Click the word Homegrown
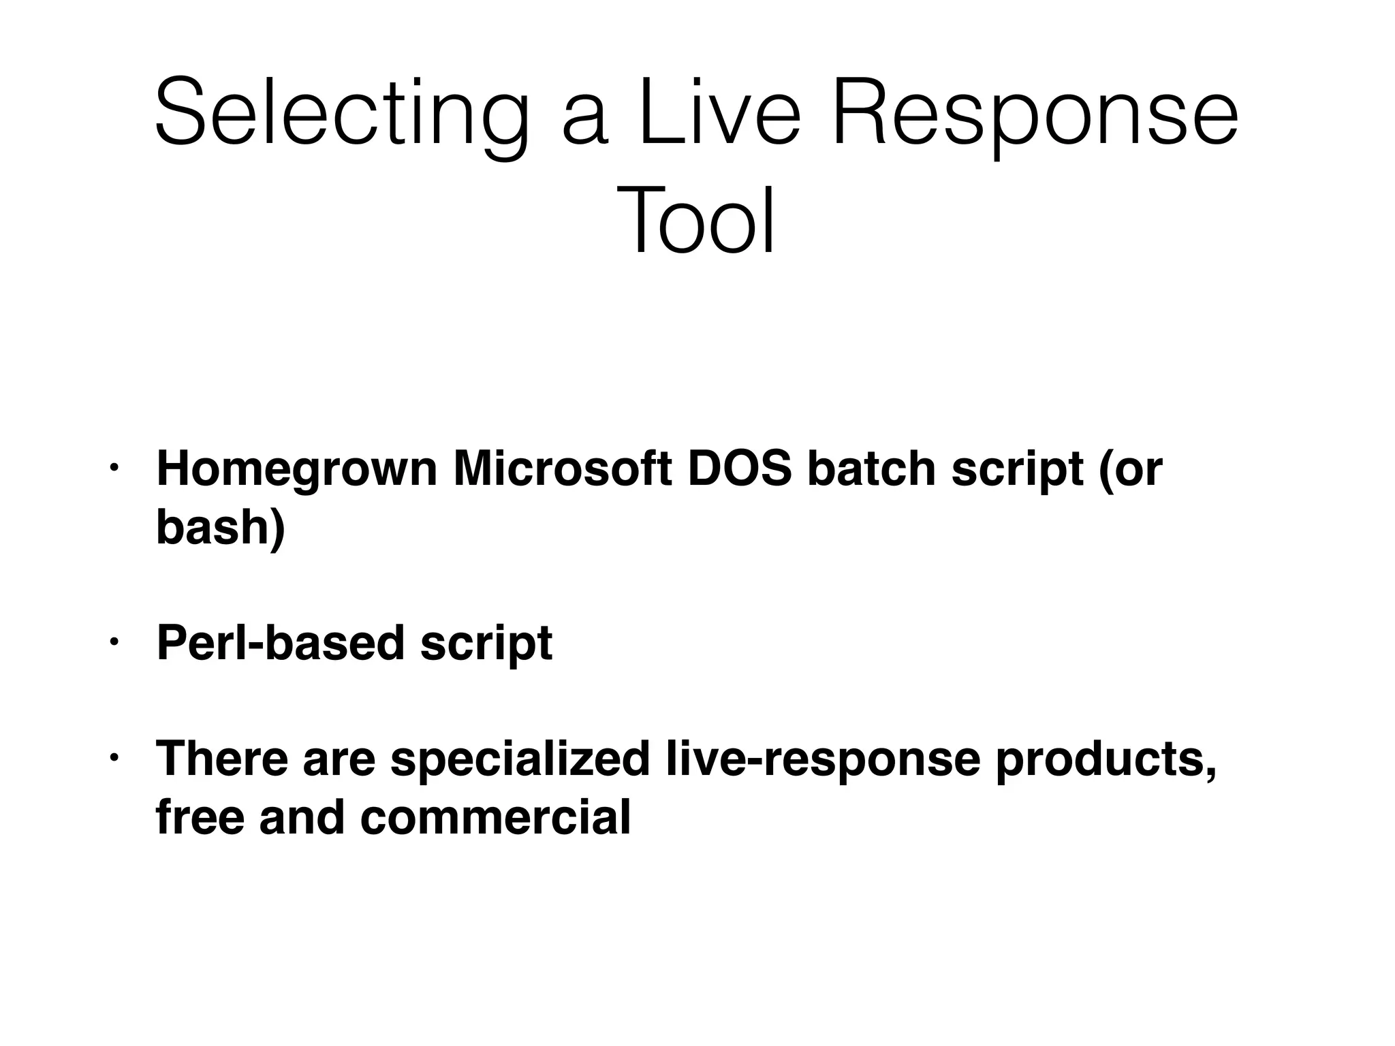[297, 470]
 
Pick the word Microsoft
[563, 470]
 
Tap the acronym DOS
[740, 470]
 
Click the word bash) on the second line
[220, 527]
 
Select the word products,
[1106, 759]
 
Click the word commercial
[495, 817]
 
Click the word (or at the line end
[1130, 470]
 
